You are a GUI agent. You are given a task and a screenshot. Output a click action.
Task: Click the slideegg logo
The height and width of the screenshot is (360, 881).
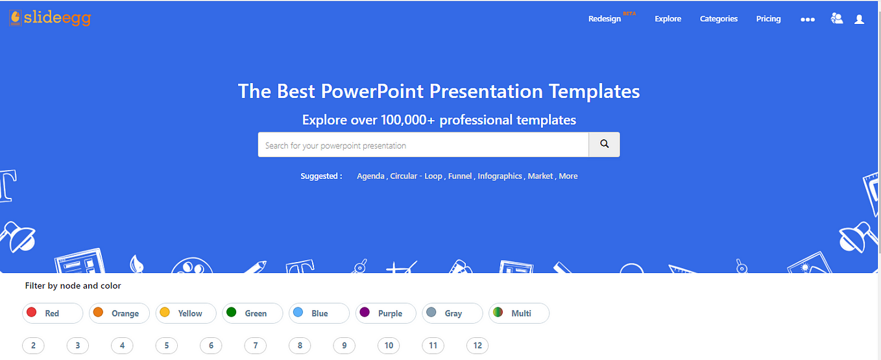point(50,18)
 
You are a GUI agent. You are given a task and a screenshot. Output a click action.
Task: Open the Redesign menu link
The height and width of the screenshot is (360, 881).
point(605,19)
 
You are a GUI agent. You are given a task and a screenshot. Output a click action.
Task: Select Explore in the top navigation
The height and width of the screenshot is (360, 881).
point(668,19)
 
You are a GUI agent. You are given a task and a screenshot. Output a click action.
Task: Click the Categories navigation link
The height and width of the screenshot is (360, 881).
point(719,19)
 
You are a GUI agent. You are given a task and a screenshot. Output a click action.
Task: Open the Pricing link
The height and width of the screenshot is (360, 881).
point(768,19)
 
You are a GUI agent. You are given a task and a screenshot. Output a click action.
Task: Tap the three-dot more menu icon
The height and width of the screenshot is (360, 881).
point(808,19)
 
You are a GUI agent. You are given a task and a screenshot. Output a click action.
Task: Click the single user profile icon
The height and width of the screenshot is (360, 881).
point(859,19)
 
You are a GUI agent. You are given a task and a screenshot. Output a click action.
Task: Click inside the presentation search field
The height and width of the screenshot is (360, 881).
point(423,145)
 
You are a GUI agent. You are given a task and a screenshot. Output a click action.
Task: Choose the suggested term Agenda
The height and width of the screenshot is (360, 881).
point(370,176)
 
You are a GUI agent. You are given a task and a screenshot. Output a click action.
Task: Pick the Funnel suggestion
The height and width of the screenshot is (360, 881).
point(460,176)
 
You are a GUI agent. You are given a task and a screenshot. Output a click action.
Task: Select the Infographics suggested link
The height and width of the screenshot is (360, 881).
point(500,176)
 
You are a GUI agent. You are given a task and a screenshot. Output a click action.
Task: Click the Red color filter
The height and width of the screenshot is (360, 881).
point(53,313)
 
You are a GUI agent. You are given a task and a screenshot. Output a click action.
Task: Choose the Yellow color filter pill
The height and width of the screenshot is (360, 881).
point(186,313)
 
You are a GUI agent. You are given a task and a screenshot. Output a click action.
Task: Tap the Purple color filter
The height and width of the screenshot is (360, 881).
point(385,313)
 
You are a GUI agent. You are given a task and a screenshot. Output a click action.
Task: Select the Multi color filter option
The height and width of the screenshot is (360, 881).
point(519,313)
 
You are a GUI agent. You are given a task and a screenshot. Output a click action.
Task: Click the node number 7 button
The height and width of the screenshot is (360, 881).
point(255,346)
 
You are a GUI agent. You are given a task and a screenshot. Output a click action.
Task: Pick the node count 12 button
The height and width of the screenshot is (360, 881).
point(477,346)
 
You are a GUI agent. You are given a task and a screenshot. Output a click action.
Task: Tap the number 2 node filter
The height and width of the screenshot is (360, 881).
point(33,346)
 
